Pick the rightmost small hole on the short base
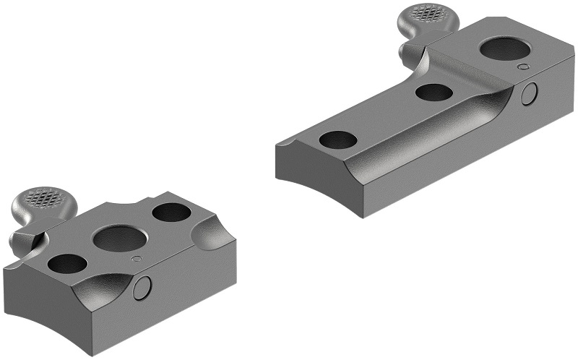171,213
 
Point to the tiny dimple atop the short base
134,258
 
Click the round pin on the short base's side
143,287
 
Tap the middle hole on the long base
434,93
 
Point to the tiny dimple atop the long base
522,67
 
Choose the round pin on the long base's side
530,93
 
